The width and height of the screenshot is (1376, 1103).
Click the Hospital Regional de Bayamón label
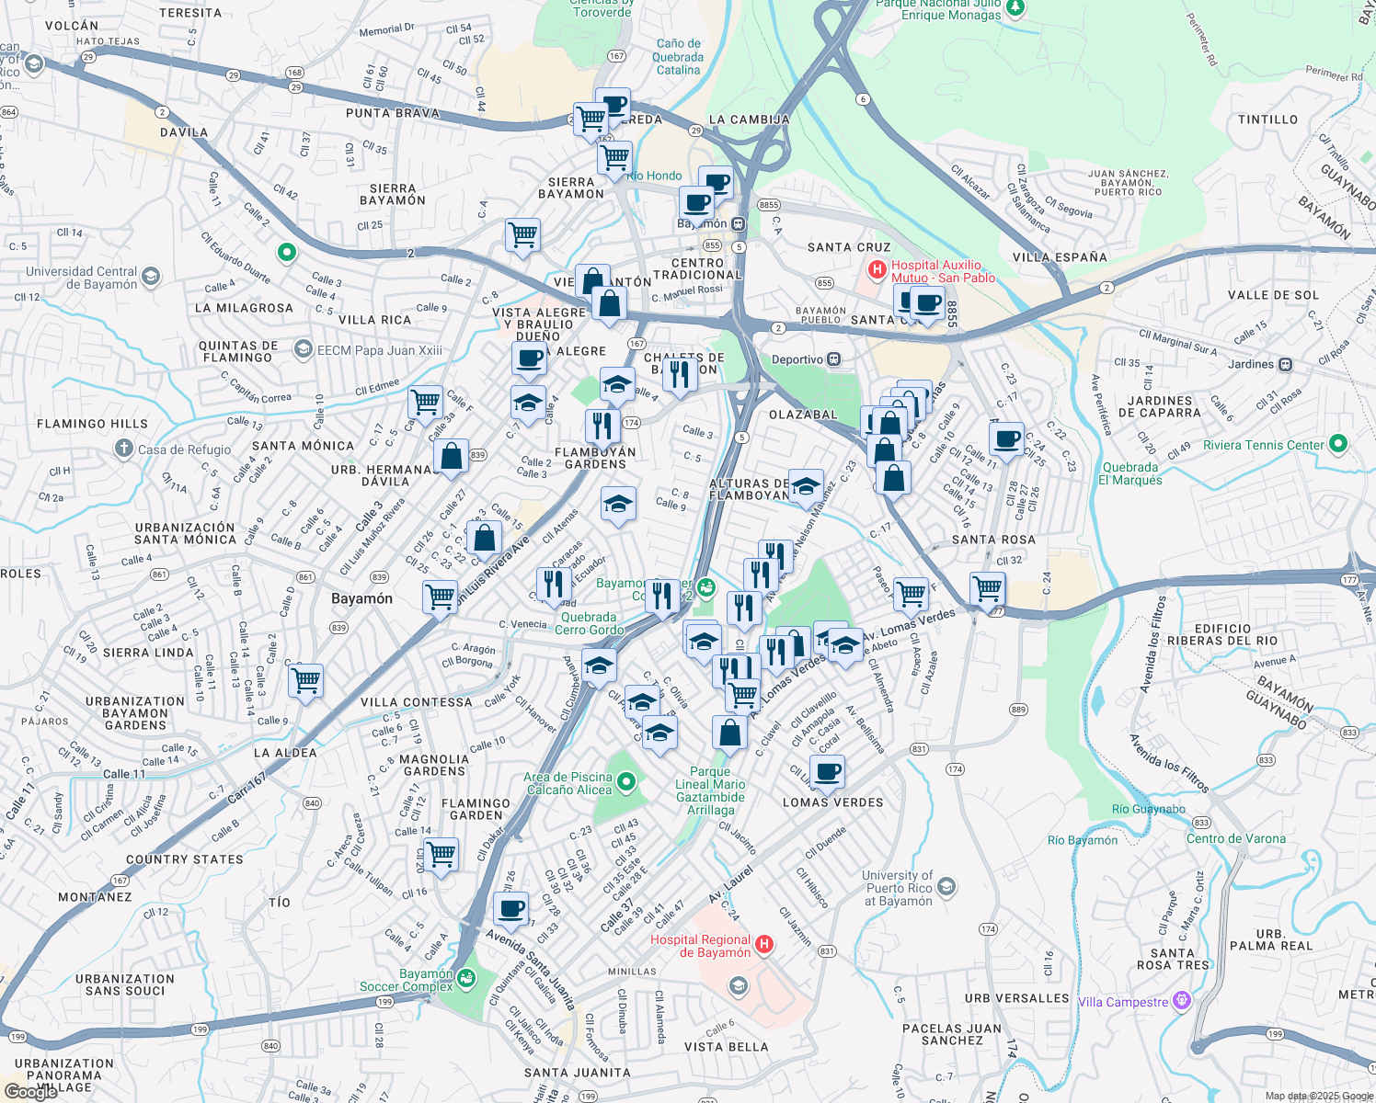click(x=700, y=946)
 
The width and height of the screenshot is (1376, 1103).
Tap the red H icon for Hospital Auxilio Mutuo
click(x=877, y=270)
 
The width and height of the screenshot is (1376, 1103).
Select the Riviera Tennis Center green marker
click(x=1338, y=444)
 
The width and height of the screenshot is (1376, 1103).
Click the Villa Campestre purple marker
click(x=1182, y=1001)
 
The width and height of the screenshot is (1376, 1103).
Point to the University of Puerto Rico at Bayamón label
click(x=899, y=888)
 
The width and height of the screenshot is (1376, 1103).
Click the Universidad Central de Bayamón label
click(x=82, y=278)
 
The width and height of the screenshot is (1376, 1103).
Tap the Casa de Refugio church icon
click(x=124, y=449)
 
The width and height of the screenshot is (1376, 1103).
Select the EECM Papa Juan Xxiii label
click(x=379, y=350)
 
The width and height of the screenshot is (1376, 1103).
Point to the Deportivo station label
click(x=797, y=359)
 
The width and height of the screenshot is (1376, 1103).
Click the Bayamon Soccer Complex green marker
click(x=466, y=978)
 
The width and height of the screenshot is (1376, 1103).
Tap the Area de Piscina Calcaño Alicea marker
click(x=626, y=782)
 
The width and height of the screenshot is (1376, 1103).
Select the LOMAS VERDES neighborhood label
click(x=832, y=802)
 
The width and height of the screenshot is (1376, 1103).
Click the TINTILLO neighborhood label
click(x=1267, y=119)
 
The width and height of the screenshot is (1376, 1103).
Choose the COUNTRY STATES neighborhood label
click(x=185, y=859)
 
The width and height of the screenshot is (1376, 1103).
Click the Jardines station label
click(x=1250, y=364)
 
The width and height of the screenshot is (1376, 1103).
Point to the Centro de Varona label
click(x=1235, y=838)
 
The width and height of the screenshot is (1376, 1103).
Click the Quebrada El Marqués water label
click(x=1130, y=473)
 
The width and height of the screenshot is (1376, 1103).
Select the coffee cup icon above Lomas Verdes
click(x=827, y=771)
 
